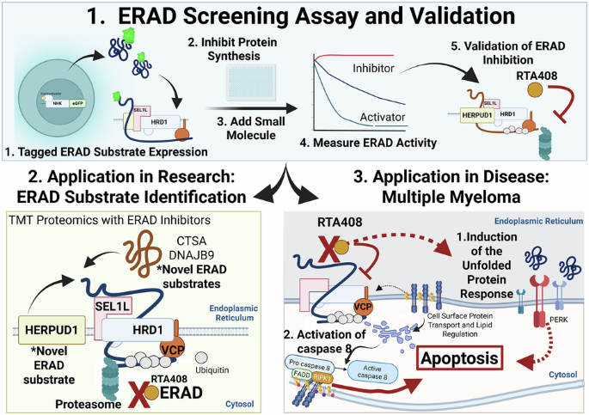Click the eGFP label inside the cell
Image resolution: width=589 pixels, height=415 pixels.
(x=83, y=103)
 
